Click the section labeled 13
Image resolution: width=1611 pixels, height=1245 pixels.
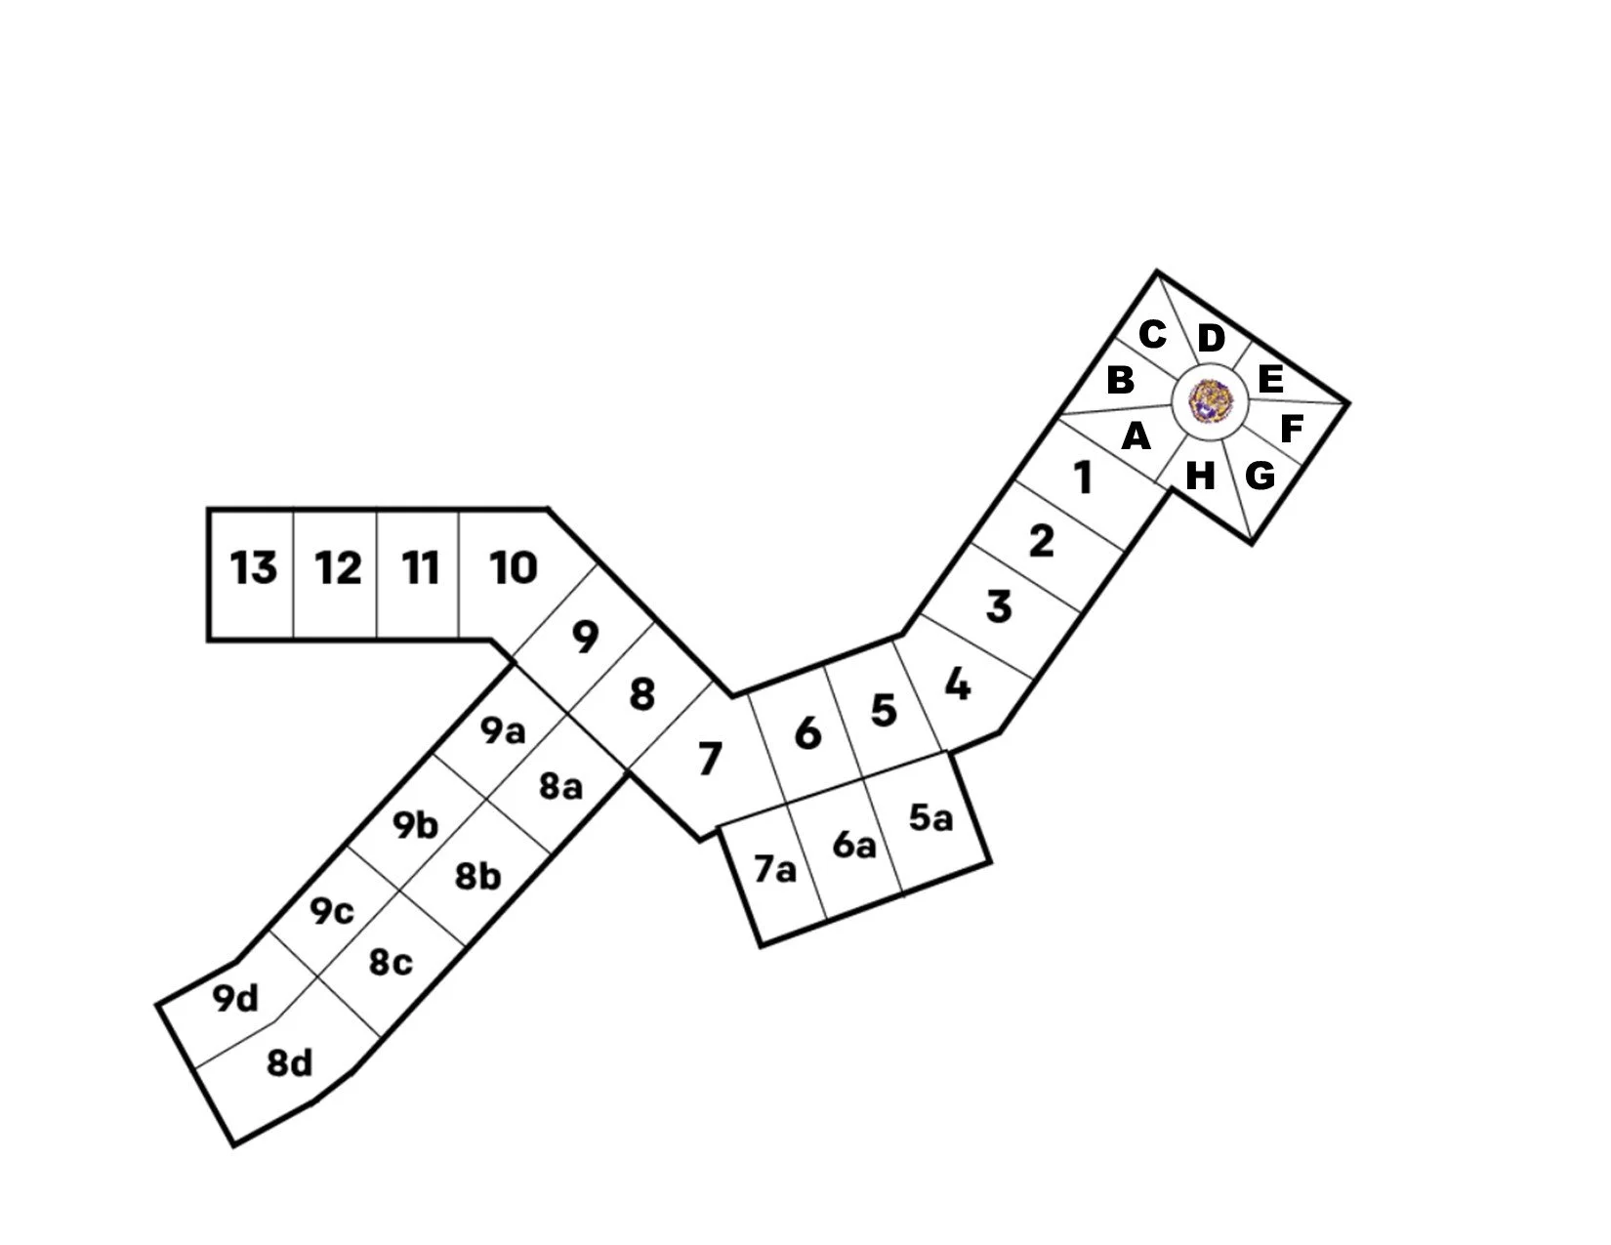tap(253, 567)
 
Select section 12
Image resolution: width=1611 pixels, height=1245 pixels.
tap(338, 567)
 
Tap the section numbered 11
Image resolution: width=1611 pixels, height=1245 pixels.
tap(421, 567)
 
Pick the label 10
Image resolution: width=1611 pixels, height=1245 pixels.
tap(514, 567)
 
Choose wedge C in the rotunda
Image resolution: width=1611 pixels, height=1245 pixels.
tap(1152, 335)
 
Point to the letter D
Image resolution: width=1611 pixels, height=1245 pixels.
tap(1211, 339)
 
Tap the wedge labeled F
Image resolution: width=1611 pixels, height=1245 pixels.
tap(1291, 429)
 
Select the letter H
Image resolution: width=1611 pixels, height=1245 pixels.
tap(1200, 477)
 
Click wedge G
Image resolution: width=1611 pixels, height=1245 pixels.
tap(1260, 477)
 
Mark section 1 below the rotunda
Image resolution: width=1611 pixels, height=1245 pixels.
tap(1083, 478)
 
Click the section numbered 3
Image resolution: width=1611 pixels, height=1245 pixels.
tap(998, 606)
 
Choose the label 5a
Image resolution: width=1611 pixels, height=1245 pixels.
tap(930, 818)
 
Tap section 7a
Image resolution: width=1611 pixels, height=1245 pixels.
tap(775, 868)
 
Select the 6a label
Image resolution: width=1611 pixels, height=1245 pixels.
tap(854, 845)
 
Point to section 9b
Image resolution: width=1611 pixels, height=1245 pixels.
tap(415, 826)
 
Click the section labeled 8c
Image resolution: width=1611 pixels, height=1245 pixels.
tap(391, 963)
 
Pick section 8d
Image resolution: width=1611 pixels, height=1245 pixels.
tap(290, 1062)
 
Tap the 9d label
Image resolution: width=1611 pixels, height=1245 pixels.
tap(235, 999)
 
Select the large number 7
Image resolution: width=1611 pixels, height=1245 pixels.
tap(710, 758)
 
